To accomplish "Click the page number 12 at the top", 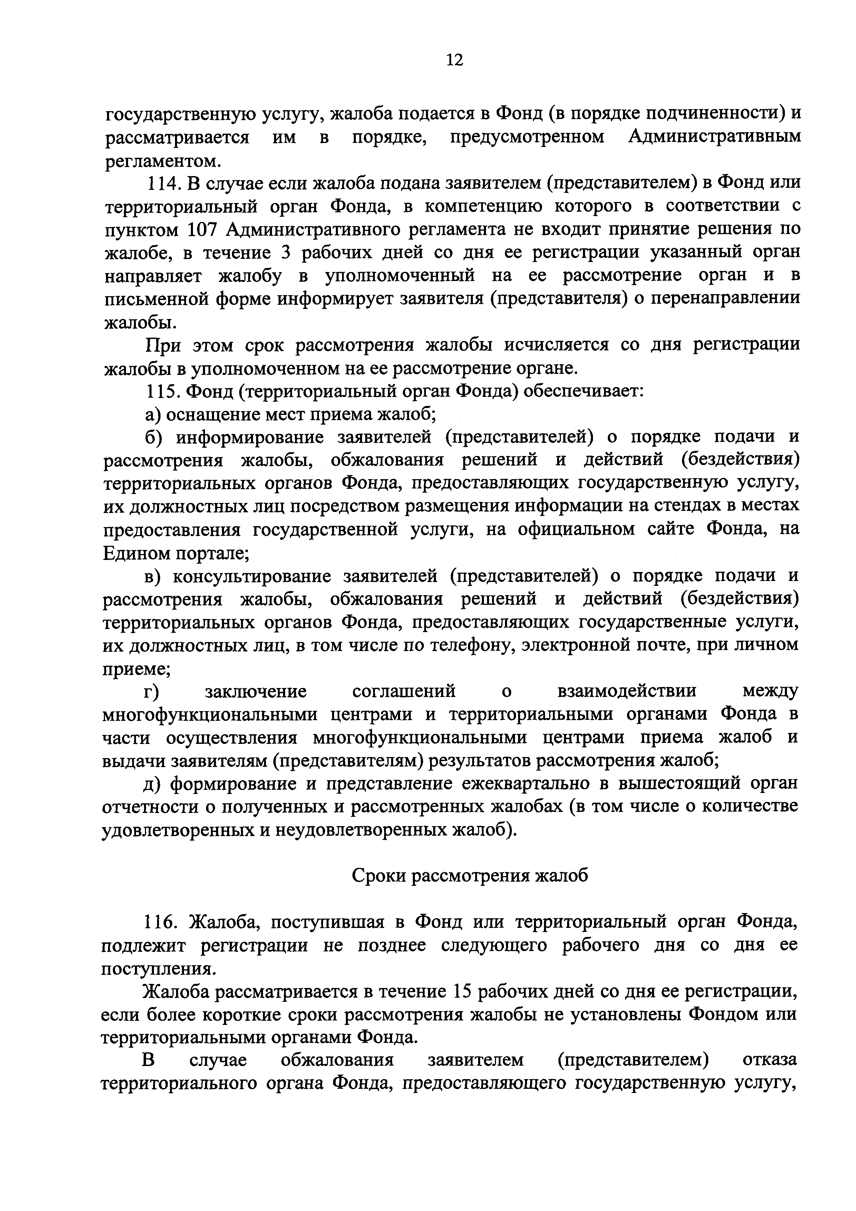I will click(x=454, y=60).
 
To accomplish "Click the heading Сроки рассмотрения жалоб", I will click(x=469, y=875).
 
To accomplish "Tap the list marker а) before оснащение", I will click(x=153, y=415).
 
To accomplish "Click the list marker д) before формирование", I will click(x=153, y=784).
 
